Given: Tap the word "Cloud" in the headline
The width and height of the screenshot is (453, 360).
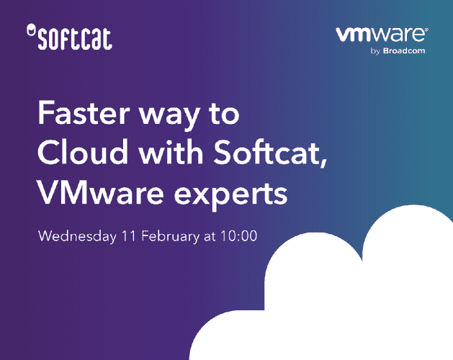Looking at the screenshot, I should pos(79,153).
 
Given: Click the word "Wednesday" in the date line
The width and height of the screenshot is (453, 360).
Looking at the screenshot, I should pos(76,235).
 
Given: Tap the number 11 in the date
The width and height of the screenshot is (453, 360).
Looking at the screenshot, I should pos(128,235).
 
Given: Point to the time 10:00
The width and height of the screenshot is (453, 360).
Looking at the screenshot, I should pos(241,235).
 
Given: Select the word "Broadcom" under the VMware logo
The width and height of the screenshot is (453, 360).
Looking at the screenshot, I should pos(404,51).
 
